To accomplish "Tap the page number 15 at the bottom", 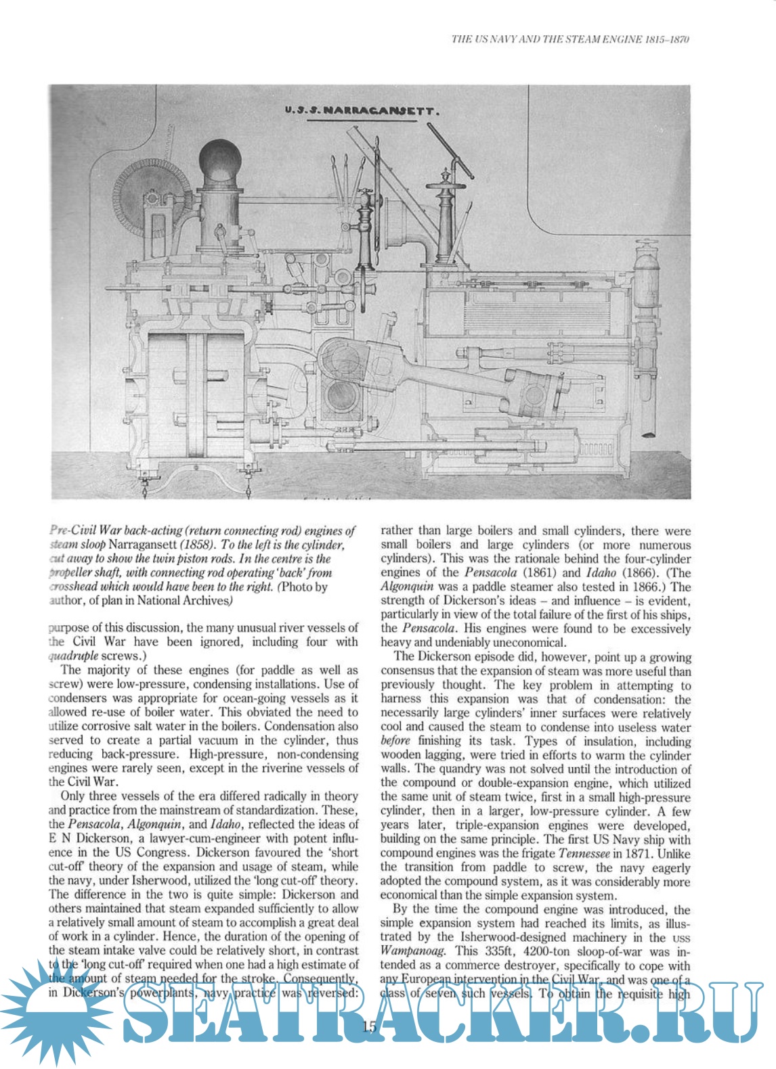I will [369, 1027].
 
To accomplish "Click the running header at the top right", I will [570, 39].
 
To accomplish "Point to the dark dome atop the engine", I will [220, 159].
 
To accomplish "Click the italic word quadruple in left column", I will [73, 656].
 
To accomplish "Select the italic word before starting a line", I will [395, 741].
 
